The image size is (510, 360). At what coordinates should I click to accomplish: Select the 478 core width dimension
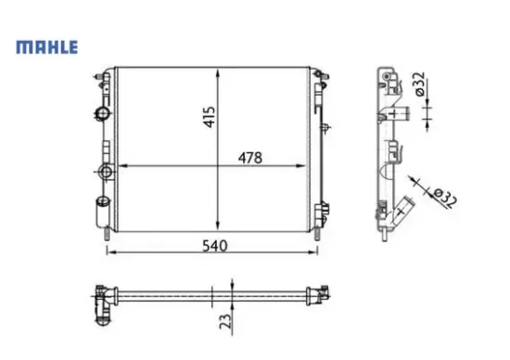pyautogui.click(x=246, y=158)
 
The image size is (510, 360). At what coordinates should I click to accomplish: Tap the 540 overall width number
pyautogui.click(x=214, y=245)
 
